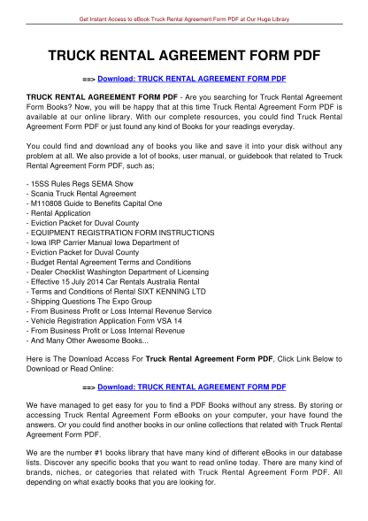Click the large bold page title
coord(184,55)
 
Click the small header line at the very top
coord(184,18)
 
